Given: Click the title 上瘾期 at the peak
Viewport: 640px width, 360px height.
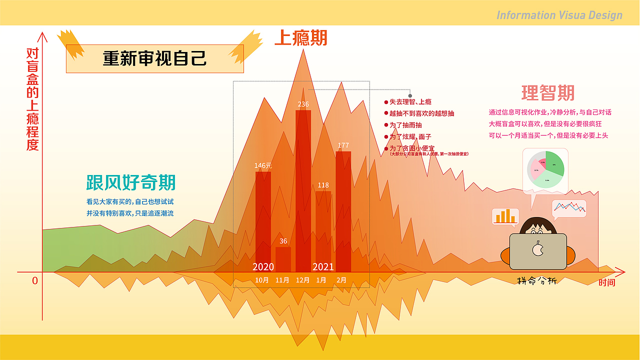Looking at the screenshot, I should tap(301, 38).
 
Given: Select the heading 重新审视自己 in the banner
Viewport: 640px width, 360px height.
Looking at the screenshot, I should tap(154, 58).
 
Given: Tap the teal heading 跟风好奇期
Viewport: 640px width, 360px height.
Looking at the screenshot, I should tap(130, 182).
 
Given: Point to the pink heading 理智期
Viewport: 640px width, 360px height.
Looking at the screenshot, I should tap(548, 93).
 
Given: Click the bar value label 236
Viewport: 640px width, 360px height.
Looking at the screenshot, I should tap(303, 104).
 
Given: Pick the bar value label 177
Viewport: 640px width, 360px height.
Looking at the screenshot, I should tap(343, 145).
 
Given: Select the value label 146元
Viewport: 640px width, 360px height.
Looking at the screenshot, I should tap(263, 165).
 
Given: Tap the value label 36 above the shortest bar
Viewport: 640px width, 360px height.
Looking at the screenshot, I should tap(283, 241).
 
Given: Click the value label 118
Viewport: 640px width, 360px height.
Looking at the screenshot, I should tap(323, 185).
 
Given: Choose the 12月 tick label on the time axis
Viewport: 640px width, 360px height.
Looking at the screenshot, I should tap(302, 280).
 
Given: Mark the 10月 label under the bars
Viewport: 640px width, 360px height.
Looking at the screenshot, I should tap(262, 280).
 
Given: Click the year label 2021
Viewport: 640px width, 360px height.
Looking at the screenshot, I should tap(323, 267).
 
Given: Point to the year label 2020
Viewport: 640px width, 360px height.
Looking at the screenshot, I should tap(263, 267).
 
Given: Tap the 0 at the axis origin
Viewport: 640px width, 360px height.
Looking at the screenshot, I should tap(35, 281).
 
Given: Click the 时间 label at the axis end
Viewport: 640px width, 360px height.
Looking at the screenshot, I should tap(607, 283).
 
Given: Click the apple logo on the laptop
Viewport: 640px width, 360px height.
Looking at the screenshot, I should tap(537, 248).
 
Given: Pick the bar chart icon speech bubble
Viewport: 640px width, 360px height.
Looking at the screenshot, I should tap(505, 216).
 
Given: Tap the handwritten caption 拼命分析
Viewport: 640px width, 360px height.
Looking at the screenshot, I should tap(536, 281).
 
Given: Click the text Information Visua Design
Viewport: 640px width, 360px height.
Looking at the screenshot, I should tap(559, 15).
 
